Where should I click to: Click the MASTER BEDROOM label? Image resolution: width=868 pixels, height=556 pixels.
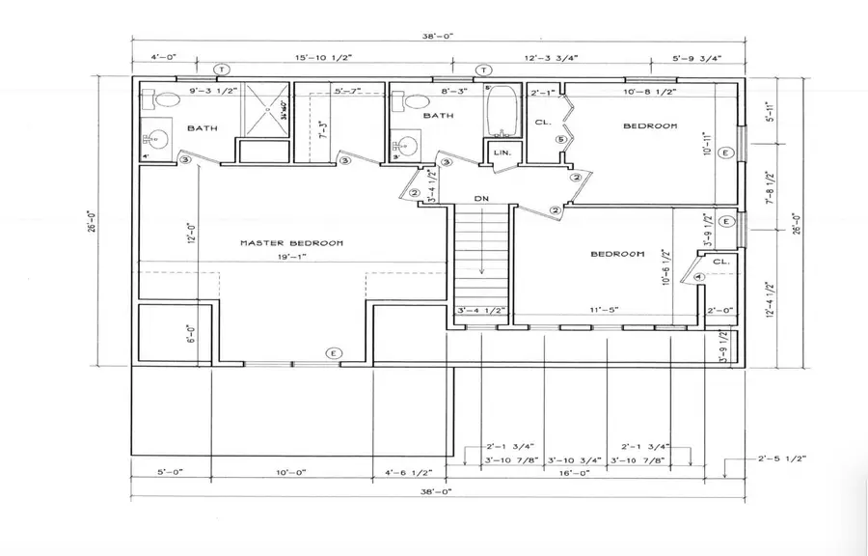pos(290,243)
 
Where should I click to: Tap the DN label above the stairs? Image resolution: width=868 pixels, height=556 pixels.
pos(482,199)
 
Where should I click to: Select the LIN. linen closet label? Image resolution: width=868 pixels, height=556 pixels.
pos(502,153)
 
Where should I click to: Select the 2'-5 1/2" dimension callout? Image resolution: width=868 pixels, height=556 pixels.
pos(781,459)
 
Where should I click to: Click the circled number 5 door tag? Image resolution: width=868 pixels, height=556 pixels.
pos(559,139)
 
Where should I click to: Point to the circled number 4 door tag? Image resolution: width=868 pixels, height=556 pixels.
pos(699,278)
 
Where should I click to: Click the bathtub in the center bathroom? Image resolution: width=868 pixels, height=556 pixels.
pos(502,114)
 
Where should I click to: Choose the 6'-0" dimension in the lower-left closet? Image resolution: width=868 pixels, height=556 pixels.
pos(190,334)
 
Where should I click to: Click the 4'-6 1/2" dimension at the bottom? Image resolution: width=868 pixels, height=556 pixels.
pos(409,474)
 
